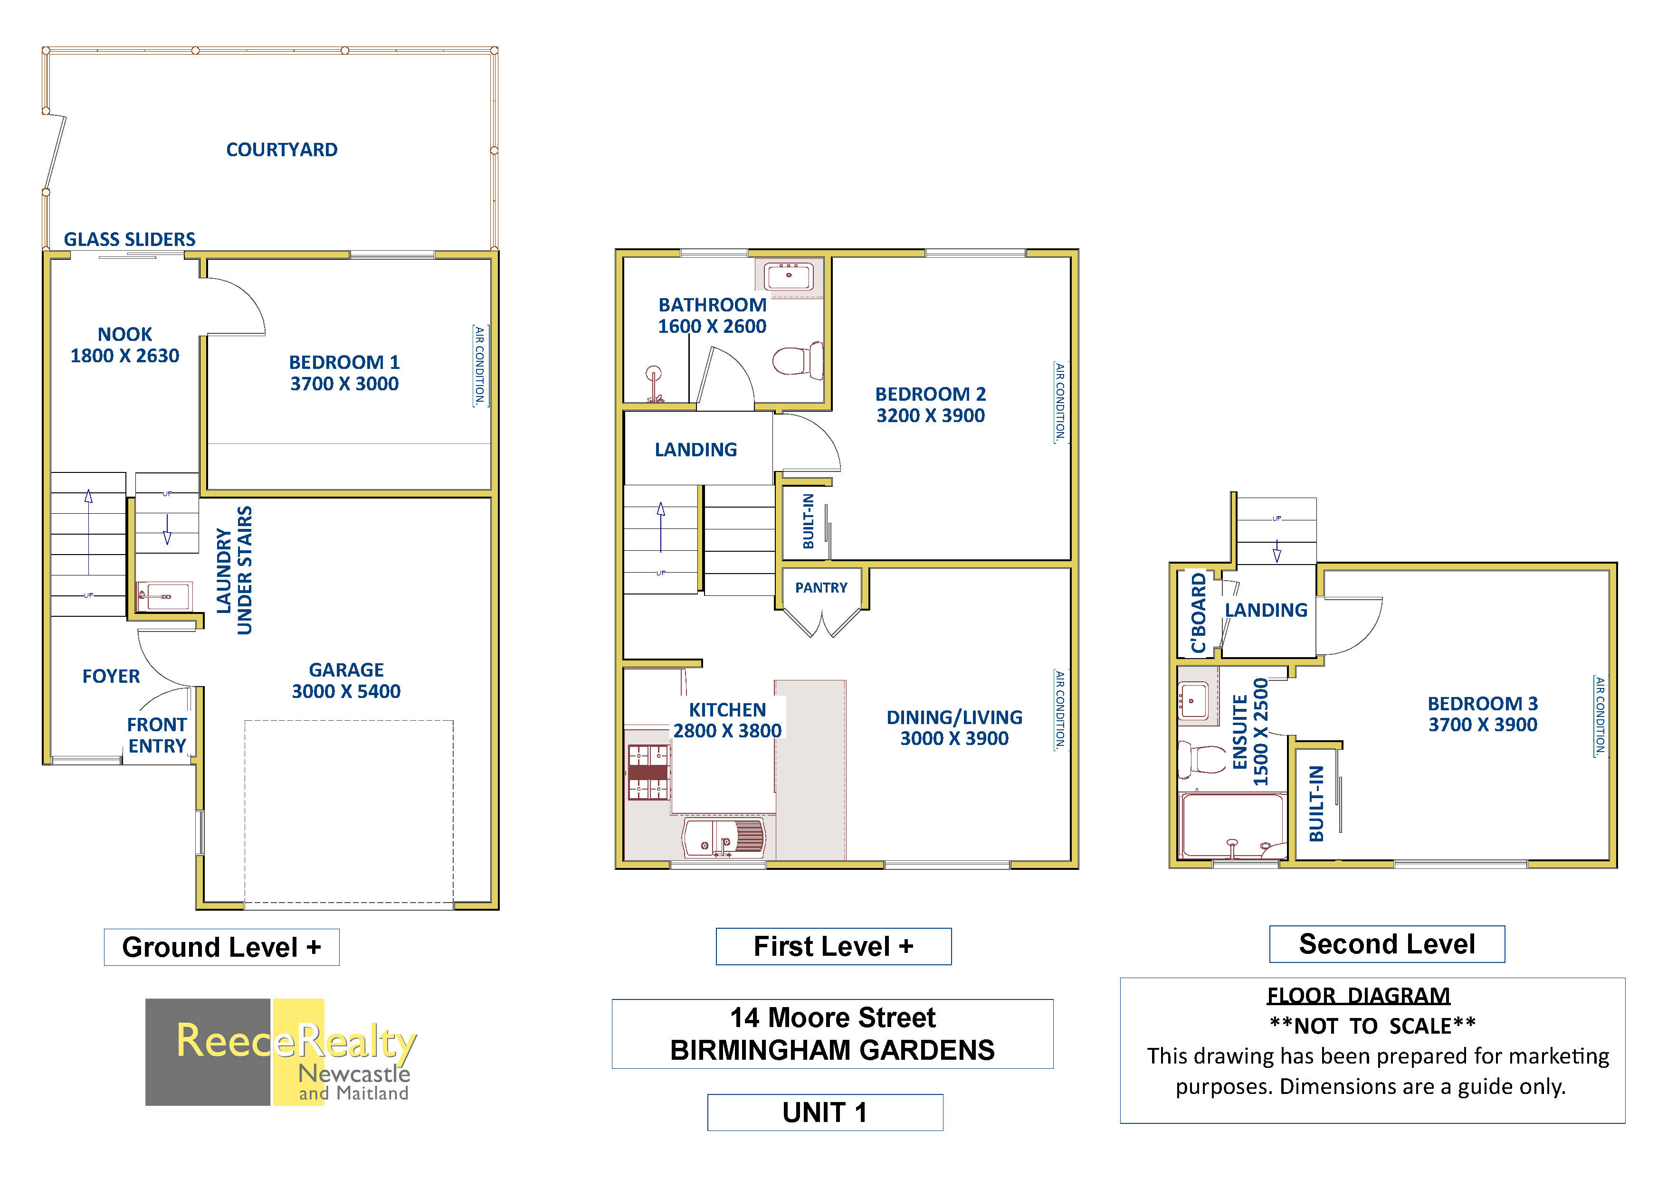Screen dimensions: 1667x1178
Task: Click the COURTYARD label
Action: (282, 150)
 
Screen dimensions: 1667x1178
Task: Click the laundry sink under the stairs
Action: (165, 596)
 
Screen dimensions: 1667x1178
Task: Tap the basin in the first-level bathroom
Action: (789, 276)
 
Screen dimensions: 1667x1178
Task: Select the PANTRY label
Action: (821, 587)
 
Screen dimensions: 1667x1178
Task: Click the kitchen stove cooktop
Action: (648, 772)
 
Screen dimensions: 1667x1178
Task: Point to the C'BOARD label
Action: (1198, 613)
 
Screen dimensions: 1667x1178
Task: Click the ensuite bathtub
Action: (1233, 826)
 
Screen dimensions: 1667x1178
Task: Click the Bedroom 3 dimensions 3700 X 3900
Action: (1483, 725)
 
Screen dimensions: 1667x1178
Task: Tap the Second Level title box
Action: (1387, 944)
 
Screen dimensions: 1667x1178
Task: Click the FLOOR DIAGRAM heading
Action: (1358, 996)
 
